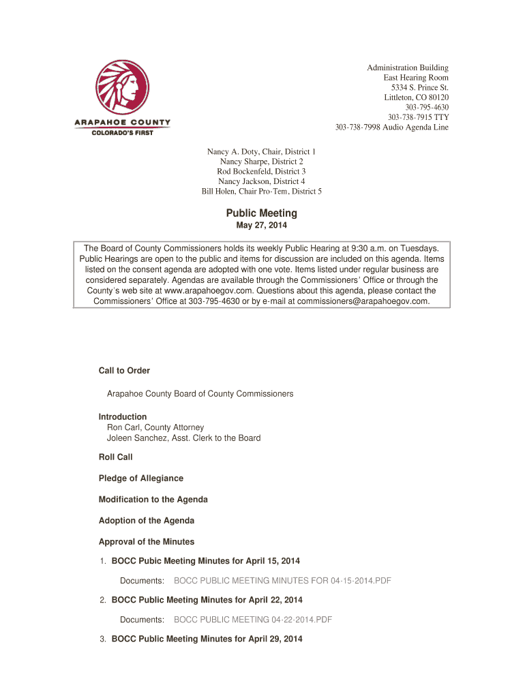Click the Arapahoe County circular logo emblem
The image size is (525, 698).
tap(122, 89)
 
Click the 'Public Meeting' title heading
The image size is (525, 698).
tap(262, 213)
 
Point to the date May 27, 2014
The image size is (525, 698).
tap(262, 226)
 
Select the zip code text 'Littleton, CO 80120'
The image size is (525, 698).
tap(416, 97)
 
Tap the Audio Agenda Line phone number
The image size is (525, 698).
tap(391, 127)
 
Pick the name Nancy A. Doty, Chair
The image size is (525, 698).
tap(262, 151)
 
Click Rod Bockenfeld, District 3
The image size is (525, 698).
tap(262, 171)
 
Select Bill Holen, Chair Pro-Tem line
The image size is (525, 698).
tap(262, 192)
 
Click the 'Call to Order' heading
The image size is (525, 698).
tap(124, 371)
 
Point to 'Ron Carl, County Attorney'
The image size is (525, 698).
tap(155, 427)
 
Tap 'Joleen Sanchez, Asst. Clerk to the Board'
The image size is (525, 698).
tap(183, 438)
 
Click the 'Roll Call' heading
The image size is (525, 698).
tap(116, 457)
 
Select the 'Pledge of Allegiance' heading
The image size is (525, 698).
tap(141, 479)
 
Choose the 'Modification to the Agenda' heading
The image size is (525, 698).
tap(153, 500)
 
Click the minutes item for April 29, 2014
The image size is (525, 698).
tap(207, 639)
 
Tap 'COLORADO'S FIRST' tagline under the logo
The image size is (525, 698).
tap(123, 132)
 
